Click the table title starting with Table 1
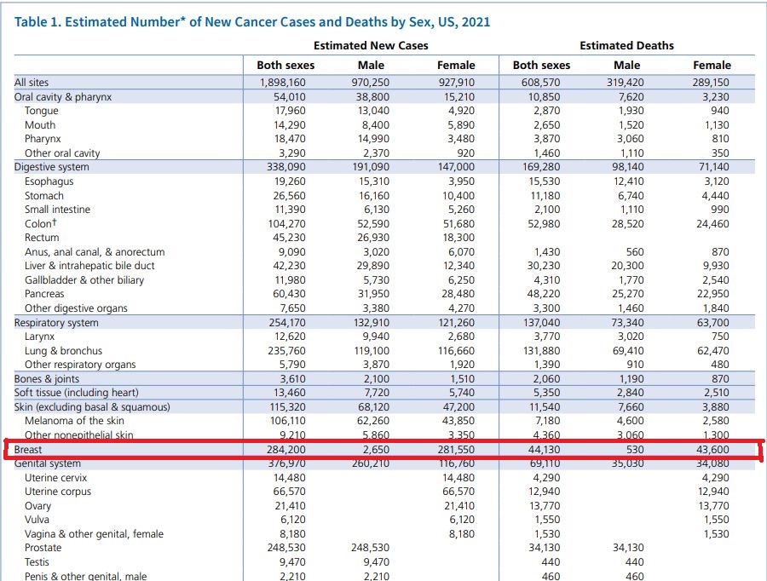(252, 21)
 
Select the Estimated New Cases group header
(371, 45)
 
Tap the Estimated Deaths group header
(626, 45)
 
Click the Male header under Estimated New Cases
(371, 65)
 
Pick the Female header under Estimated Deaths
(712, 65)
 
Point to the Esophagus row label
(49, 181)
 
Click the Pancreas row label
(45, 294)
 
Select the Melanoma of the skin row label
(74, 421)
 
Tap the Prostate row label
(43, 548)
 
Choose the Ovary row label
(37, 506)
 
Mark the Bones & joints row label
(47, 379)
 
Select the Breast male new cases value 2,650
(371, 449)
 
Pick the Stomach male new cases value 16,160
(371, 196)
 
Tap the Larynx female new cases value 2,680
(456, 337)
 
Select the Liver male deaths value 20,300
(626, 266)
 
